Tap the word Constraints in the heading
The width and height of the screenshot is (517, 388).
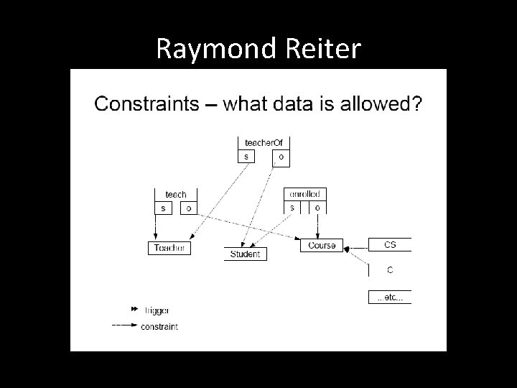(146, 104)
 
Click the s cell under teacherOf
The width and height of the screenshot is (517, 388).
(247, 156)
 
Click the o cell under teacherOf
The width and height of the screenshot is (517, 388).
(280, 156)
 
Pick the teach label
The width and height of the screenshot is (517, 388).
(176, 194)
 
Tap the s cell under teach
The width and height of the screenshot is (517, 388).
(163, 208)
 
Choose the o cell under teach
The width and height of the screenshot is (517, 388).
(188, 208)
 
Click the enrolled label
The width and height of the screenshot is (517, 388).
(304, 194)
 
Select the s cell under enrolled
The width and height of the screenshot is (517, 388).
(292, 208)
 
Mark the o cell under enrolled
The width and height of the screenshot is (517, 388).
(317, 208)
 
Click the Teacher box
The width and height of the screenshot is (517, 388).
(169, 248)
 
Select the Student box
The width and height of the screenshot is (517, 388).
(246, 254)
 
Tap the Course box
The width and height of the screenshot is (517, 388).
(322, 245)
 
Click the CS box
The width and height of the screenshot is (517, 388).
(390, 245)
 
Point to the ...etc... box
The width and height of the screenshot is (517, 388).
(390, 297)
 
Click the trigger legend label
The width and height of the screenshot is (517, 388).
(157, 310)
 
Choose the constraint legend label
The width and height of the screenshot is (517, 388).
(161, 326)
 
